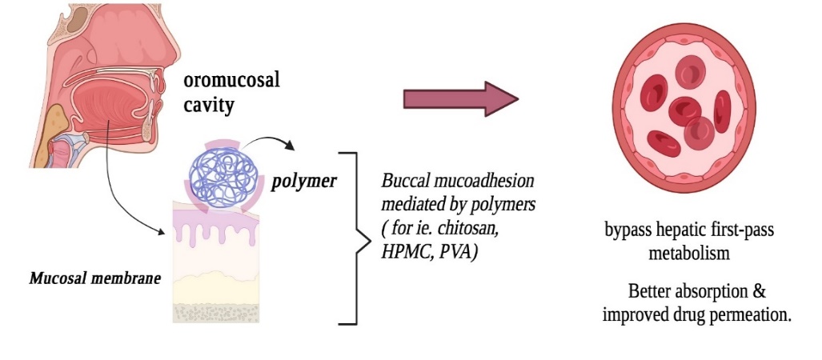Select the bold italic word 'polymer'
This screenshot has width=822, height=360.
coord(303,181)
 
